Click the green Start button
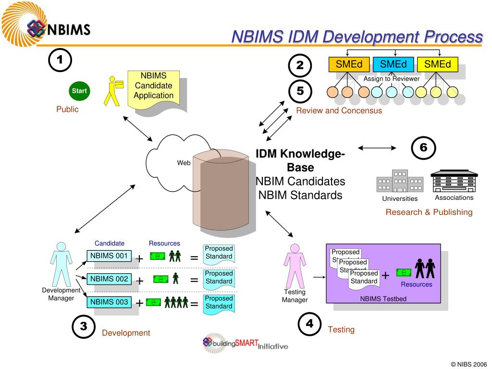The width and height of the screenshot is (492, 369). pos(79,91)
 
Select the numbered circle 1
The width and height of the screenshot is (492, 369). pos(60,60)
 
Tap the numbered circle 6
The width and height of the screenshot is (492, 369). pos(423,148)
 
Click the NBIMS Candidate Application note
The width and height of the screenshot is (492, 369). pos(154,88)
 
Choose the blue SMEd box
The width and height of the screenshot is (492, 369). pos(394,64)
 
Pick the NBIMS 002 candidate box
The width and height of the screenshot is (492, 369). pos(109,279)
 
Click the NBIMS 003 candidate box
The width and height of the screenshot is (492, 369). pos(109,302)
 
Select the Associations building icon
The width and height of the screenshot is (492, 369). pos(454,181)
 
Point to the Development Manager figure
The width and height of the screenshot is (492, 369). pos(61,265)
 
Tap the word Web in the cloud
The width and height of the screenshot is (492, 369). pos(184,163)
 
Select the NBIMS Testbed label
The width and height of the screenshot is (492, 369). pos(383,298)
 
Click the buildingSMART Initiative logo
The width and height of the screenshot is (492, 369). pos(246,343)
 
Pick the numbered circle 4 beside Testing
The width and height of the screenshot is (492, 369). pos(310,323)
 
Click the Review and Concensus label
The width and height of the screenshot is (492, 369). pos(339,111)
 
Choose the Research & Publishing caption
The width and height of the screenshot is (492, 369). pos(429,212)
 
